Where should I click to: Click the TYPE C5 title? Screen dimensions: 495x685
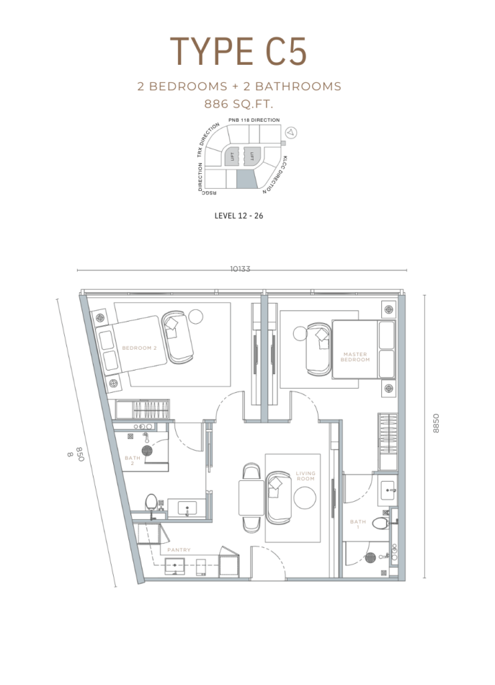click(239, 52)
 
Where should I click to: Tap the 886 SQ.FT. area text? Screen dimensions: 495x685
click(239, 104)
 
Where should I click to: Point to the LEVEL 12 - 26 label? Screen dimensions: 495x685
click(239, 215)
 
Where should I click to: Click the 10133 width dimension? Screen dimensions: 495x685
click(240, 269)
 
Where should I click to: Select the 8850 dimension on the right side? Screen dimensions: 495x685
click(435, 423)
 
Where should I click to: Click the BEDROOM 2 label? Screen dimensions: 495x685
click(139, 348)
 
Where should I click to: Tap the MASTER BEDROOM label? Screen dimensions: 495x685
click(355, 357)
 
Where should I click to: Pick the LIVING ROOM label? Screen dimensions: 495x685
click(306, 476)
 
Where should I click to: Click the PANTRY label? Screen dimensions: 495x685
click(179, 550)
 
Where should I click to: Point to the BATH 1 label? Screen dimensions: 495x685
click(358, 524)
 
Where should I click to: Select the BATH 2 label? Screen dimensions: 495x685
click(132, 460)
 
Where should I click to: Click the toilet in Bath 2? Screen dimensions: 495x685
click(152, 502)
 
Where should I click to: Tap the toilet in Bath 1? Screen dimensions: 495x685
click(381, 523)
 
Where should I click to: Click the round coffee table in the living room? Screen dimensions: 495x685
click(305, 498)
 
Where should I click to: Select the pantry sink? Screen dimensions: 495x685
click(175, 565)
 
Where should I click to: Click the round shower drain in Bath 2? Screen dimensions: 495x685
click(147, 450)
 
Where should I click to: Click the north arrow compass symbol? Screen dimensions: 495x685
click(290, 132)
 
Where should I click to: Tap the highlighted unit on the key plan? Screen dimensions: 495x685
click(246, 179)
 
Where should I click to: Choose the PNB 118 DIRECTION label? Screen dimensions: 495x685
click(254, 120)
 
